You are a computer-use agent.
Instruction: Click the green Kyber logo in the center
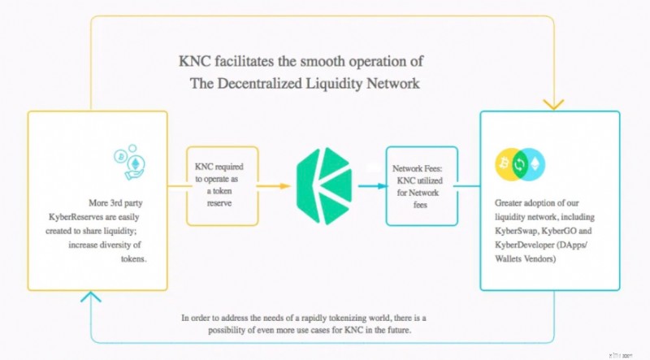324,186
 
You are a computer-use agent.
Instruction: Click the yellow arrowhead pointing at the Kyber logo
285,186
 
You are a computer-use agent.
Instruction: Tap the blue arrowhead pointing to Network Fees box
383,186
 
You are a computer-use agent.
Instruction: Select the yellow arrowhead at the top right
554,105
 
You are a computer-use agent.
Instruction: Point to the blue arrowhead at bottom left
91,296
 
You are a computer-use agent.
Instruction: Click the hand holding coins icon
130,163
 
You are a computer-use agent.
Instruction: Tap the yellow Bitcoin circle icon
505,164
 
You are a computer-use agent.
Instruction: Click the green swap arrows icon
520,164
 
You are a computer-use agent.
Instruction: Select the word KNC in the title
195,62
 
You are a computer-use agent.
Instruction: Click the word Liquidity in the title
334,84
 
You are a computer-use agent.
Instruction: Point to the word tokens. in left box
133,258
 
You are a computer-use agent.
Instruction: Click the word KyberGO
558,231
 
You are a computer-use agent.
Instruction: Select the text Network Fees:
418,168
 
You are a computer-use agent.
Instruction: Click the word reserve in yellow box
219,203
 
